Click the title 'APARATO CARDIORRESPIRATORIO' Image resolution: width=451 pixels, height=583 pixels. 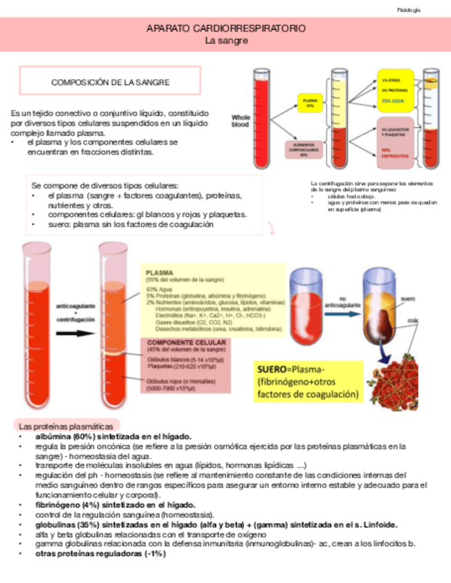[x=226, y=30]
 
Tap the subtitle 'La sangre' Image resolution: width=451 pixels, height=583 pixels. [x=226, y=41]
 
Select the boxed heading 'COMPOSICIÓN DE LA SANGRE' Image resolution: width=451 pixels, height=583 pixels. [x=111, y=82]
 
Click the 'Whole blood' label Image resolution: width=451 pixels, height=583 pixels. [x=241, y=121]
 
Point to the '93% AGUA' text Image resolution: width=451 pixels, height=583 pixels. [x=395, y=101]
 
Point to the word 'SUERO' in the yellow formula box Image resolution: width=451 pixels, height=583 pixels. [x=272, y=368]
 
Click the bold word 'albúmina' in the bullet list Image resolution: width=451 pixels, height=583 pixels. [x=49, y=437]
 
